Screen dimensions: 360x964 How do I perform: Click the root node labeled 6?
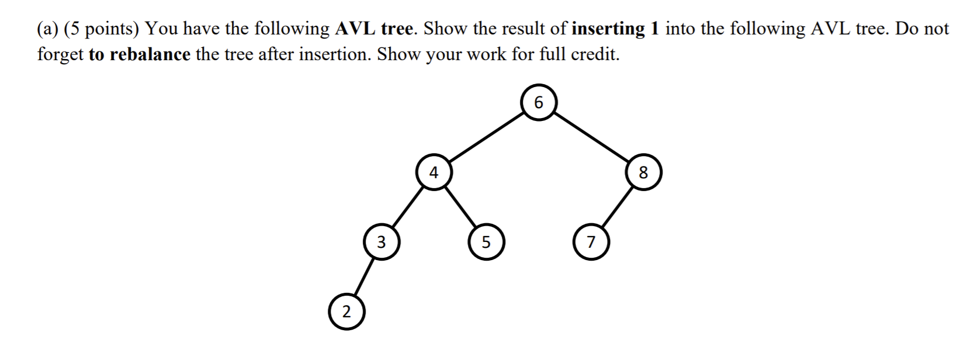[x=538, y=103]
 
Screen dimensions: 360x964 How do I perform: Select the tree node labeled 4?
[x=433, y=172]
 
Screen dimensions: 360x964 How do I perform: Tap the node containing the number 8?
[x=643, y=172]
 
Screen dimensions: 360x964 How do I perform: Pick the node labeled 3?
[x=381, y=242]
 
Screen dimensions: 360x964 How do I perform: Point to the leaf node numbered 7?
[x=591, y=242]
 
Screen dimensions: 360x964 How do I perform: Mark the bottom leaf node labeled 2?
[x=346, y=312]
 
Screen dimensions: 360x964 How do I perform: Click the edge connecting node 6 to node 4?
[x=486, y=138]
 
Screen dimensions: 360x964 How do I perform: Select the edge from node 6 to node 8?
[x=591, y=138]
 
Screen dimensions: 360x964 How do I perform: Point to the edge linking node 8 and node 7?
[x=617, y=207]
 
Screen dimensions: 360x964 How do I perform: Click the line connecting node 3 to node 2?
[x=363, y=277]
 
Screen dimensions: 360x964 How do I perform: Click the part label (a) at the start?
[x=48, y=29]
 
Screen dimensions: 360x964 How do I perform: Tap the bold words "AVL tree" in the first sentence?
[x=373, y=29]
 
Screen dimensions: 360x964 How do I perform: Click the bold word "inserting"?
[x=608, y=29]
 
